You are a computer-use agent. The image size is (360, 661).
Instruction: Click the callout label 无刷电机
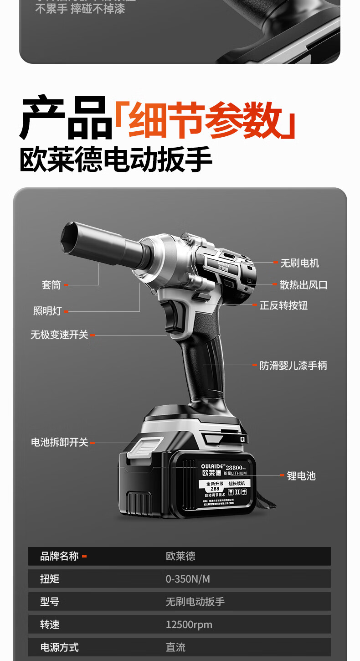click(299, 263)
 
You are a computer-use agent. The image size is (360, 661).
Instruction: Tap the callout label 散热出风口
click(303, 285)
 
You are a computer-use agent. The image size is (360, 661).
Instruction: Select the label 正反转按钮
click(283, 305)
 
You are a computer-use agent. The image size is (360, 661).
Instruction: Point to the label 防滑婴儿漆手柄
click(293, 366)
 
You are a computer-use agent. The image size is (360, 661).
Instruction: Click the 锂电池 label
click(301, 476)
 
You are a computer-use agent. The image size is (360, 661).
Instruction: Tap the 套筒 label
click(51, 285)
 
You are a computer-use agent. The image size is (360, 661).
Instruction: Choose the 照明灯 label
click(47, 311)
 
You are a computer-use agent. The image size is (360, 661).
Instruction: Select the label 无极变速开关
click(59, 335)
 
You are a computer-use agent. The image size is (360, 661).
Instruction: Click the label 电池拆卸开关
click(59, 442)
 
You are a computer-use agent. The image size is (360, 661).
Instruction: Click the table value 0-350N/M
click(188, 579)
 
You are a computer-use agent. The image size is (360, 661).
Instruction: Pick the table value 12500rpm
click(189, 625)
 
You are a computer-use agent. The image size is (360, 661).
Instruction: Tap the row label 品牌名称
click(59, 556)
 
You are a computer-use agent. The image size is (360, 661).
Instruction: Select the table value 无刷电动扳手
click(195, 602)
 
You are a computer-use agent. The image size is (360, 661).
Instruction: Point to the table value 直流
click(175, 647)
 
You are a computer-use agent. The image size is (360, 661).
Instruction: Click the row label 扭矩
click(50, 579)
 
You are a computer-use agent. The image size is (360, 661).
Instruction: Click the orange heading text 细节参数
click(205, 119)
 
